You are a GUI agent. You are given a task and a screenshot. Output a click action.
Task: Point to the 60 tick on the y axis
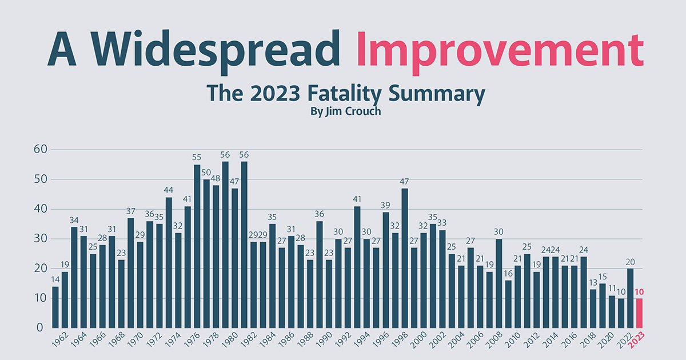[41, 150]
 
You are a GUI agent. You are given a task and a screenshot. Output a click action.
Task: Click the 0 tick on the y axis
[41, 328]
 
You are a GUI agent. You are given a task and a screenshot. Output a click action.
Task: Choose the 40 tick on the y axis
[41, 209]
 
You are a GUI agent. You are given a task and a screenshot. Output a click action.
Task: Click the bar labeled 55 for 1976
[197, 246]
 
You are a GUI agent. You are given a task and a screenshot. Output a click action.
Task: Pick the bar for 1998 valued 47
[405, 258]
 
